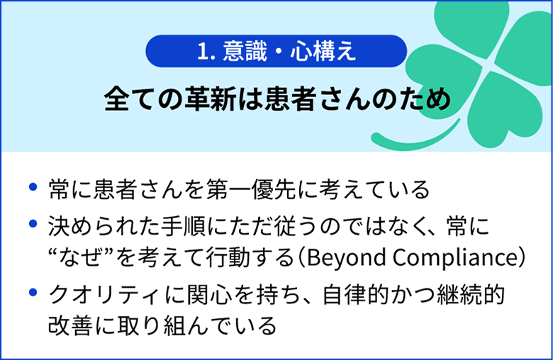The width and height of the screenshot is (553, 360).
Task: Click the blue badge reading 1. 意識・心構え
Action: [276, 52]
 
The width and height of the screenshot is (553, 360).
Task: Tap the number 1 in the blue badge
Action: [203, 52]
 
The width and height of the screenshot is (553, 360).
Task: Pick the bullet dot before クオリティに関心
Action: [32, 292]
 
